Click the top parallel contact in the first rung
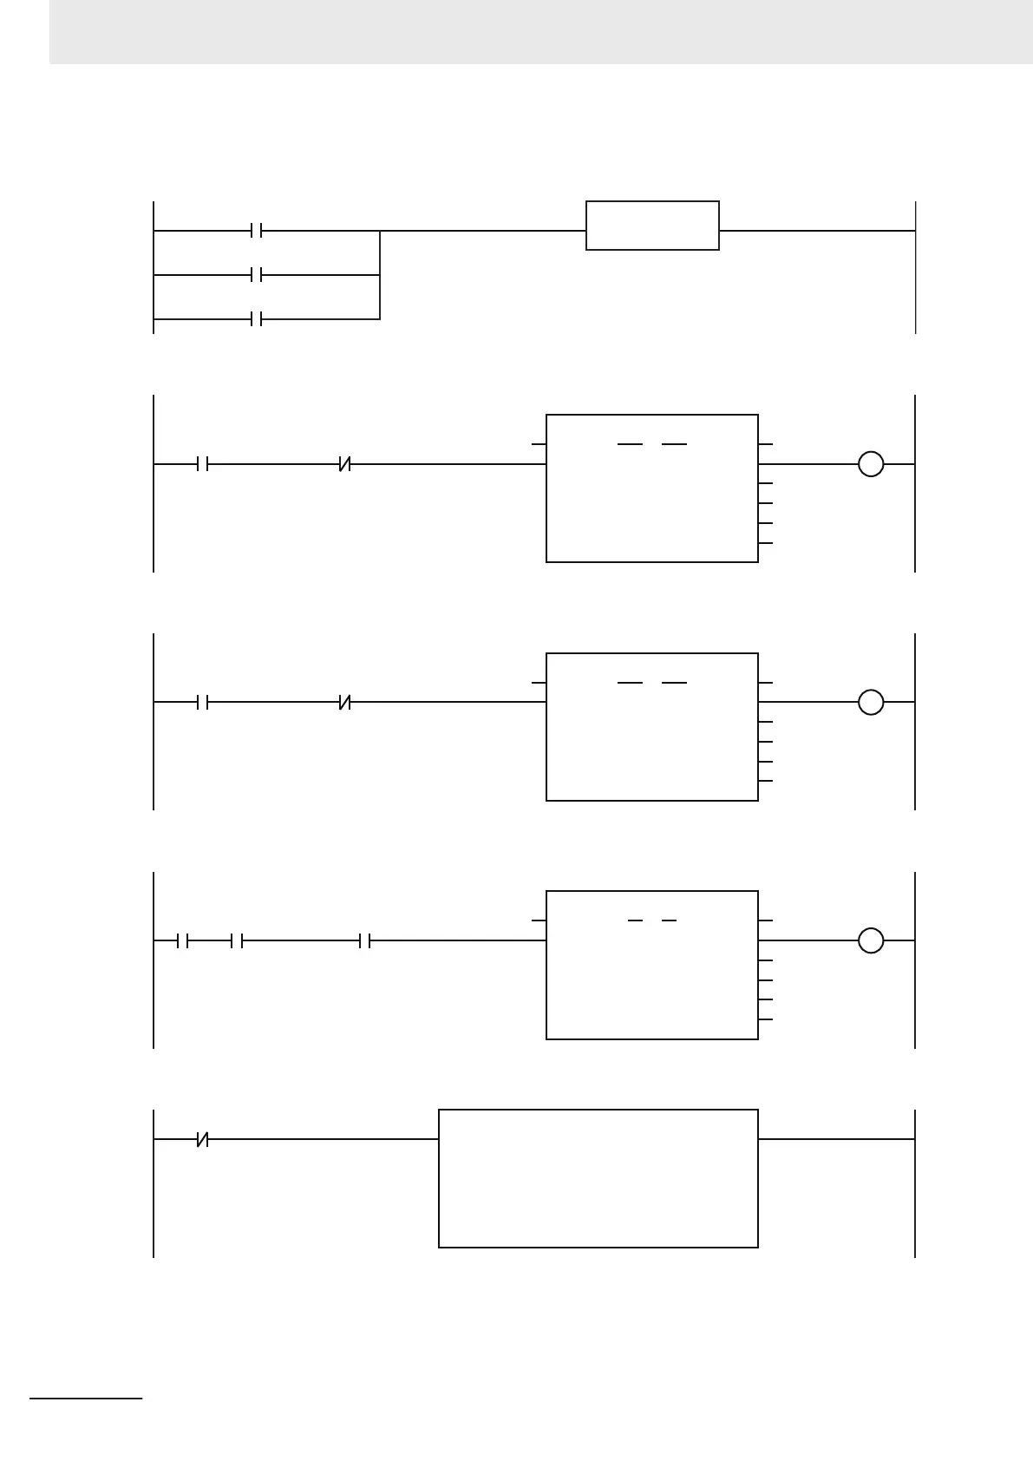click(256, 231)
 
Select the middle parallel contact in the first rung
click(256, 275)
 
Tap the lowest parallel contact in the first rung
click(256, 319)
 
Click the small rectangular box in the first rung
click(652, 226)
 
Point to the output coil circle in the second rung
click(871, 464)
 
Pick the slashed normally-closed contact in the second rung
click(344, 464)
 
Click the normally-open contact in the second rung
click(203, 464)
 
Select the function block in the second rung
click(652, 488)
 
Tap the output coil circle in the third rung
click(871, 702)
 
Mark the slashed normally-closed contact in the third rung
click(344, 702)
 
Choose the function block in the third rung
click(652, 727)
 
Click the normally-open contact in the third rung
click(203, 702)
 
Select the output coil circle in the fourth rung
click(871, 940)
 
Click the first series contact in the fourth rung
click(182, 940)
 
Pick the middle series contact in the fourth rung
click(237, 940)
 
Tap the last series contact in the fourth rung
click(365, 940)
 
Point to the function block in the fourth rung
click(652, 965)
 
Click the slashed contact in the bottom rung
click(203, 1139)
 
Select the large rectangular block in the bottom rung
click(598, 1178)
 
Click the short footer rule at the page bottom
click(86, 1399)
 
